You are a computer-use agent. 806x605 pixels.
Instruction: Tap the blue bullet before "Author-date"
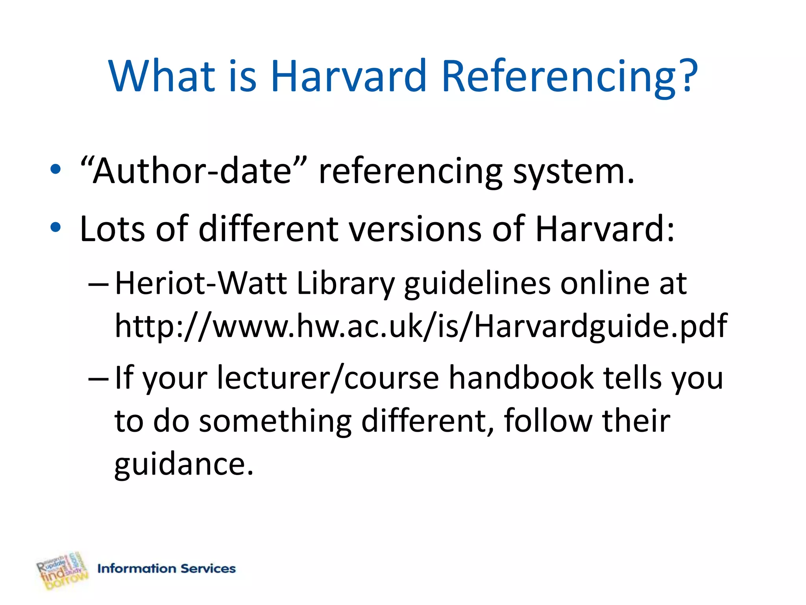click(55, 170)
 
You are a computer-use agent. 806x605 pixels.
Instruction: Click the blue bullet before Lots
click(55, 227)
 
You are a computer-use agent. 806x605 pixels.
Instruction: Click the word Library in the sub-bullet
click(345, 284)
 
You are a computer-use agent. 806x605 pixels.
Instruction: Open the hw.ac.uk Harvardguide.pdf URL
click(420, 326)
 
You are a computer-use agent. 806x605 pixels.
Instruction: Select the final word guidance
click(183, 464)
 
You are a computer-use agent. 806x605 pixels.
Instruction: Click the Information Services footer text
click(166, 568)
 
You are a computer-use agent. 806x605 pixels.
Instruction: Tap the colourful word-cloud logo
click(62, 571)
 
